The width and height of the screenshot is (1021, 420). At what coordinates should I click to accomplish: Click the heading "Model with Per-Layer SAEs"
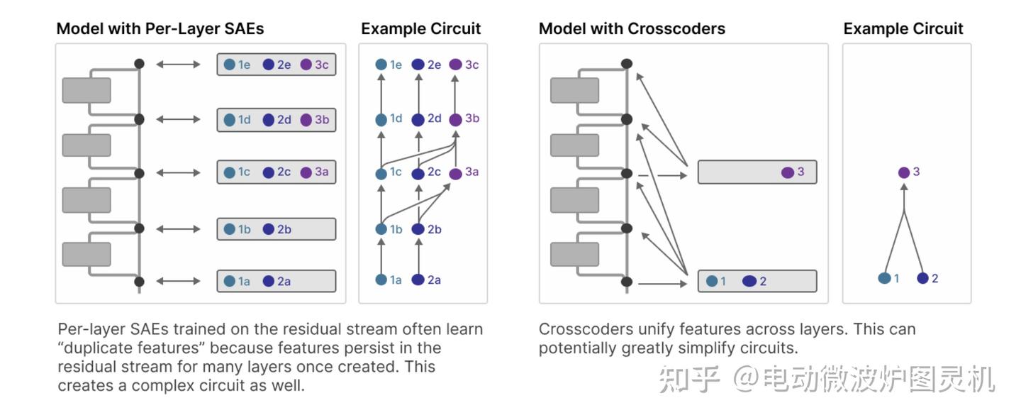coord(160,28)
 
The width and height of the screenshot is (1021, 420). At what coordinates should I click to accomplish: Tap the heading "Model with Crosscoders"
coord(632,28)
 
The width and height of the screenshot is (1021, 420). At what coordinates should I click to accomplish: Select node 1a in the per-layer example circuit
coord(381,280)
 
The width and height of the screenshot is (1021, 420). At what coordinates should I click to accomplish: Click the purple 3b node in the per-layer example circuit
coord(455,119)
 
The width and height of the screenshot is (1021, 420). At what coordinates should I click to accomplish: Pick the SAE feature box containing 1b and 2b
coord(276,229)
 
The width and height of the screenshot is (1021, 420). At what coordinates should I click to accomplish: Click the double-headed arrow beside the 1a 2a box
coord(178,282)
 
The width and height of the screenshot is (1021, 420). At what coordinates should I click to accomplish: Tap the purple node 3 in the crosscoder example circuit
coord(903,172)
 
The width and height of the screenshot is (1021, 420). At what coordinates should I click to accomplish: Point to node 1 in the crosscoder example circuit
coord(884,278)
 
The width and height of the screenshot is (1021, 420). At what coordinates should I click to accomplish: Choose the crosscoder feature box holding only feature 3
coord(757,172)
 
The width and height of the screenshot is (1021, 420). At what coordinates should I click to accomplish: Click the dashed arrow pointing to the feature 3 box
coord(663,174)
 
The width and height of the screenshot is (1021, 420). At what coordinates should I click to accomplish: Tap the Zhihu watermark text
coord(827,380)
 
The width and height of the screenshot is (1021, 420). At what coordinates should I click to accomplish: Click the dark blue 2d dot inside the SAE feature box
coord(269,120)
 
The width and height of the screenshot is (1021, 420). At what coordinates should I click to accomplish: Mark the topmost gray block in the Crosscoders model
coord(574,90)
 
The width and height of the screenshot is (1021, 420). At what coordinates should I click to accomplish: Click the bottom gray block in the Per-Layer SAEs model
coord(87,254)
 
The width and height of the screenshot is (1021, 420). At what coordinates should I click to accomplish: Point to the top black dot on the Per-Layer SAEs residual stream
coord(139,64)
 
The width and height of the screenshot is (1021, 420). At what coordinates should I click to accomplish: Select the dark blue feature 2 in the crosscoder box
coord(749,281)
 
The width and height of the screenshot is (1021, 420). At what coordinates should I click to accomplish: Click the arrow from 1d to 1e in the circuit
coord(381,92)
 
